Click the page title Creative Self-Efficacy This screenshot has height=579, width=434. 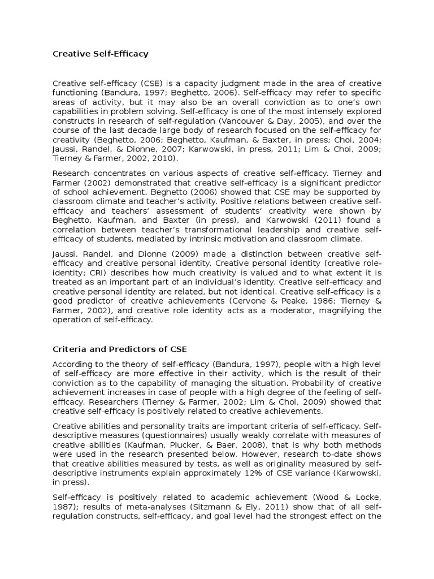click(x=101, y=54)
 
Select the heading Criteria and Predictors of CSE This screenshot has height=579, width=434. click(x=119, y=349)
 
